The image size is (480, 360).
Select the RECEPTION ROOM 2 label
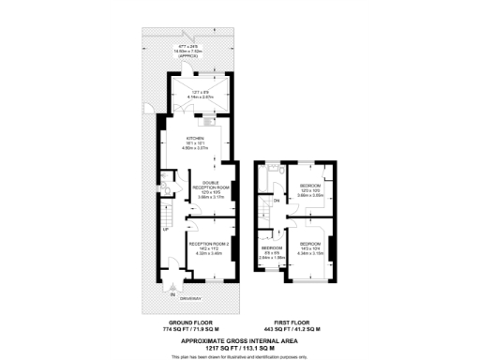pyautogui.click(x=210, y=243)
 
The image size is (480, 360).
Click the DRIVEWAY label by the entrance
pyautogui.click(x=191, y=298)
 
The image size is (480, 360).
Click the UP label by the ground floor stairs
pyautogui.click(x=166, y=231)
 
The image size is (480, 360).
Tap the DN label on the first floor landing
pyautogui.click(x=277, y=201)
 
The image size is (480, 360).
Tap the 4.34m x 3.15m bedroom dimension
pyautogui.click(x=311, y=253)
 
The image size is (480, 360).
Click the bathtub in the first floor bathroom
pyautogui.click(x=272, y=175)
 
